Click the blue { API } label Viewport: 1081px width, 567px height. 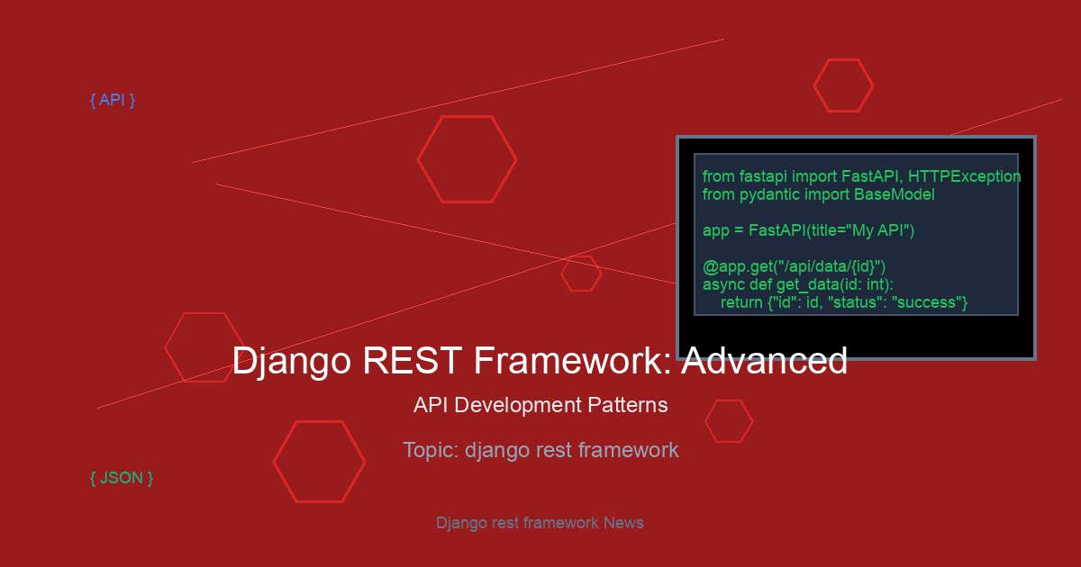coord(113,100)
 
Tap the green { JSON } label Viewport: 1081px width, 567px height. coord(122,478)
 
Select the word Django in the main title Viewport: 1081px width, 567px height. coord(292,362)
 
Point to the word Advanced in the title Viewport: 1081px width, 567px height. coord(765,360)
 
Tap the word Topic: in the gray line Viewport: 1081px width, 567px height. coord(431,450)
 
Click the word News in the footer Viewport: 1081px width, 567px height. coord(623,523)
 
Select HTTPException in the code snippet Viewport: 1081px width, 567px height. coord(964,177)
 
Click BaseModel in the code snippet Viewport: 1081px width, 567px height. coord(895,194)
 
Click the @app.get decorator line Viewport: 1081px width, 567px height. coord(794,266)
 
